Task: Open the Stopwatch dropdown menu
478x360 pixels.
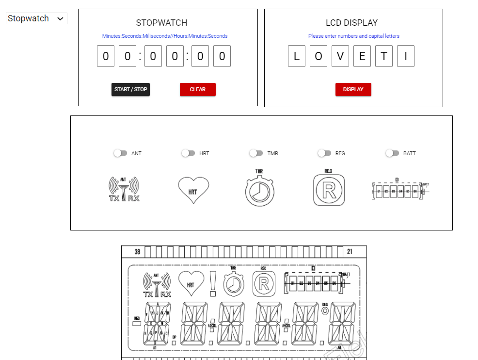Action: click(x=36, y=18)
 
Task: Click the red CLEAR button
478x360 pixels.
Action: click(x=197, y=89)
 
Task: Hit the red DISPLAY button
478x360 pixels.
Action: click(x=353, y=89)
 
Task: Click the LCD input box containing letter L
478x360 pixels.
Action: click(x=297, y=56)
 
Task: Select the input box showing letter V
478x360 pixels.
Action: click(x=340, y=56)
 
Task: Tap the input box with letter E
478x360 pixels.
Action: click(x=362, y=56)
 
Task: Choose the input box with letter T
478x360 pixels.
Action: click(x=383, y=56)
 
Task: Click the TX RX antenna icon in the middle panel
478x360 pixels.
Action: click(x=124, y=189)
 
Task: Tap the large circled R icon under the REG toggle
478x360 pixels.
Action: click(x=329, y=189)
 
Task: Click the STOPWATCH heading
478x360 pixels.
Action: click(x=161, y=23)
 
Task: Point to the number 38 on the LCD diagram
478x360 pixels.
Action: click(x=137, y=252)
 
